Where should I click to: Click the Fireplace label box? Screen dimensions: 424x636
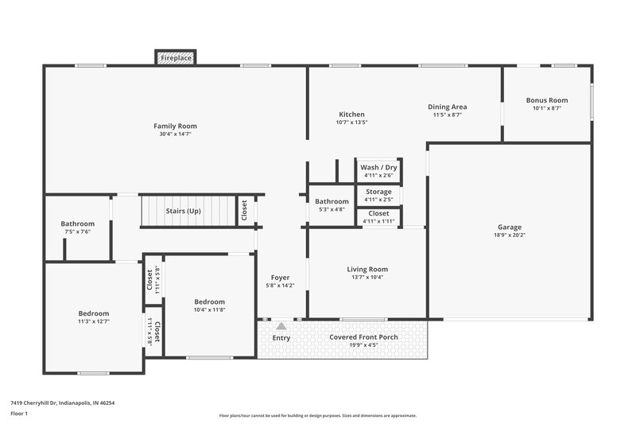tap(175, 58)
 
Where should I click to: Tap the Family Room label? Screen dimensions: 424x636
tap(175, 126)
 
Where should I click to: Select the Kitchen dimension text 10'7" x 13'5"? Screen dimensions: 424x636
tap(351, 123)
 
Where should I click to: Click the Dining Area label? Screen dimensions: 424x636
tap(447, 107)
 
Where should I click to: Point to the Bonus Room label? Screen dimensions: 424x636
tap(547, 100)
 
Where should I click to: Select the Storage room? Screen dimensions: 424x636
tap(378, 195)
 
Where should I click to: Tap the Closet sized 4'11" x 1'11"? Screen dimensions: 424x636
tap(378, 216)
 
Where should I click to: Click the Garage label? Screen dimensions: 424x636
tap(510, 228)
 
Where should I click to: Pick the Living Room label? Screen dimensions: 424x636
tap(367, 270)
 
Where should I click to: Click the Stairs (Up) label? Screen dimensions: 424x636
tap(183, 212)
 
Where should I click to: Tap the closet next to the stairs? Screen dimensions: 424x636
tap(245, 211)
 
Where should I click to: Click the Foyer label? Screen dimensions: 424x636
tap(281, 277)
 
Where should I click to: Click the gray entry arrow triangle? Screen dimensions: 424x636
tap(281, 326)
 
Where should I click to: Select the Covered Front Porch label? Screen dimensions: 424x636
tap(363, 337)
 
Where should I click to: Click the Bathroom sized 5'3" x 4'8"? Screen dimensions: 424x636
tap(332, 205)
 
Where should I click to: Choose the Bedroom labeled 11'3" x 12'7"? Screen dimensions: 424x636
tap(93, 317)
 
